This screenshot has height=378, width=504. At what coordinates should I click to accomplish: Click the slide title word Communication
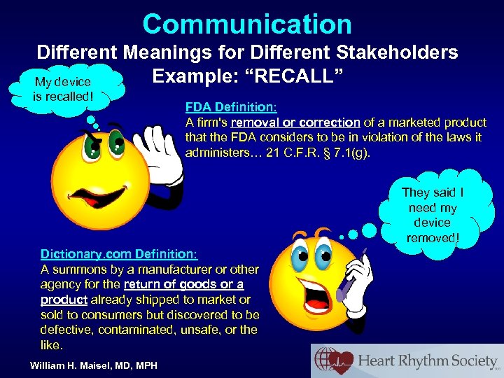[247, 24]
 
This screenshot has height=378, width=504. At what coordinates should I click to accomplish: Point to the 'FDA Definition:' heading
[231, 108]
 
